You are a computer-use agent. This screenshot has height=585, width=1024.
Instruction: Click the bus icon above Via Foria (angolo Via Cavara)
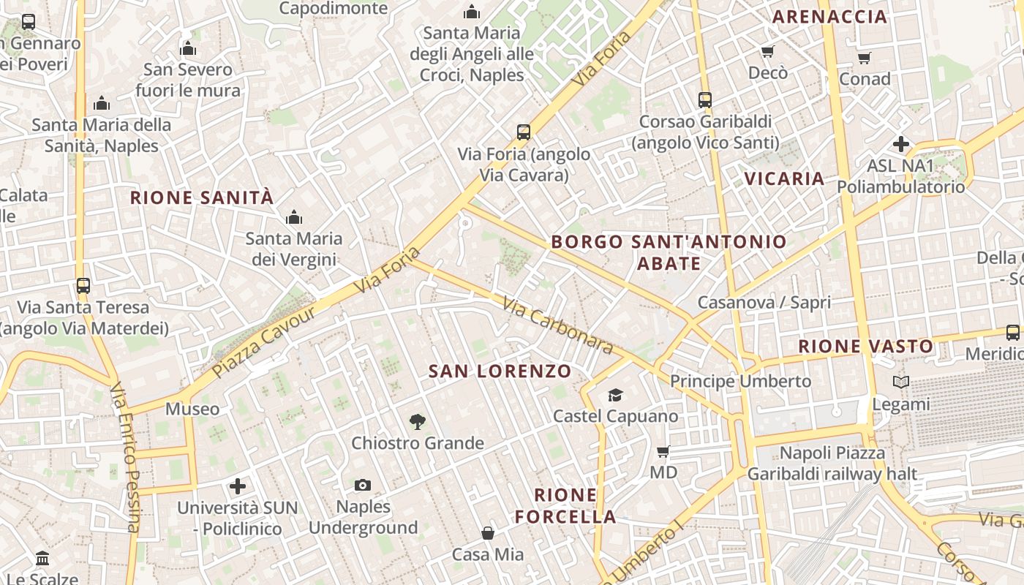(x=524, y=132)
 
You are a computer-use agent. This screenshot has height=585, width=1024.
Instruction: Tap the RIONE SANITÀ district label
(x=202, y=197)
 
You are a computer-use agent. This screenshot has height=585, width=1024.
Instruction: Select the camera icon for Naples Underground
(x=362, y=486)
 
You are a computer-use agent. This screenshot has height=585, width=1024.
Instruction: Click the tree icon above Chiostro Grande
(x=417, y=421)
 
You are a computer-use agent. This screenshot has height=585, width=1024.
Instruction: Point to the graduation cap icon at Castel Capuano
(x=615, y=396)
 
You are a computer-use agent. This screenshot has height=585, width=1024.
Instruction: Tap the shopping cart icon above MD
(x=663, y=451)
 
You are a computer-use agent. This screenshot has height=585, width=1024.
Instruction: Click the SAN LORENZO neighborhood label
(x=500, y=371)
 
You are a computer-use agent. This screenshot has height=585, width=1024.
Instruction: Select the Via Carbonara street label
(x=557, y=325)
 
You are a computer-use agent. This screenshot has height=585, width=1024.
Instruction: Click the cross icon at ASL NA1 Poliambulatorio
(x=901, y=144)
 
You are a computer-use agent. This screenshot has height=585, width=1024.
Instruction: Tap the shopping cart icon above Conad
(x=865, y=58)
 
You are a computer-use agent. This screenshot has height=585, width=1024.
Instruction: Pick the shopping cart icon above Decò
(x=768, y=51)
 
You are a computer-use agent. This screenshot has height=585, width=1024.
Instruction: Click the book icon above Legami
(x=901, y=382)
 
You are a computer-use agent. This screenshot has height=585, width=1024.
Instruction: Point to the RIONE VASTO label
(x=865, y=347)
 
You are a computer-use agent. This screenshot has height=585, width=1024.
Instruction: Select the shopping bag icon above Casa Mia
(x=488, y=534)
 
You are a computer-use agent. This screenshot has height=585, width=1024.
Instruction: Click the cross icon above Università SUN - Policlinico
(x=238, y=486)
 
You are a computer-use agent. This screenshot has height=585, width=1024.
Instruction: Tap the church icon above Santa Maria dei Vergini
(x=294, y=217)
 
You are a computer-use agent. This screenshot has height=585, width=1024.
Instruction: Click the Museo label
(x=192, y=409)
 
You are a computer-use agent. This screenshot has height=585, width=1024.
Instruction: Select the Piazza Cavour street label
(x=264, y=342)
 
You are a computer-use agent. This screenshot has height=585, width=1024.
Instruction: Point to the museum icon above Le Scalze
(x=42, y=559)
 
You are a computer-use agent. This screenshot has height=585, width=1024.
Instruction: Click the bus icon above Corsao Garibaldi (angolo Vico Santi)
(x=705, y=100)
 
